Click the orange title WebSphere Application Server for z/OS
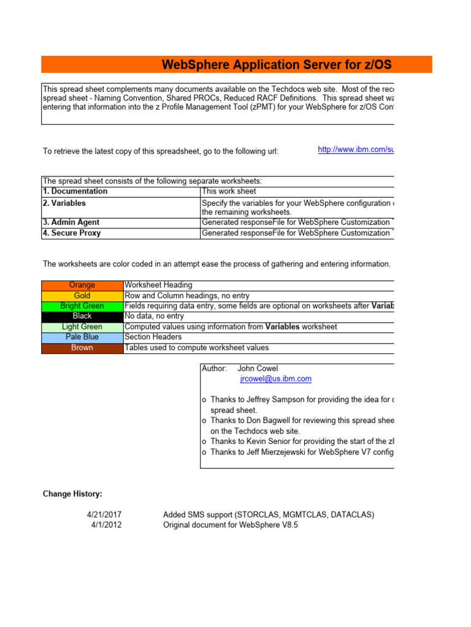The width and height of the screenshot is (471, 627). coord(277,65)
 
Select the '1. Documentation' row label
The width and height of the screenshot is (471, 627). coord(75,192)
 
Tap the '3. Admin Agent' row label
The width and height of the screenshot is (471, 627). coord(71,222)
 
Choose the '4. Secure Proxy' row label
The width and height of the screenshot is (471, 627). coord(72,233)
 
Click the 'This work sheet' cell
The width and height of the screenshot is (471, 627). coord(229,192)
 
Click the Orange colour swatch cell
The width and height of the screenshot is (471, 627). coord(82,285)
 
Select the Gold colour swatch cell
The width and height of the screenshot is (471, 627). coord(82,296)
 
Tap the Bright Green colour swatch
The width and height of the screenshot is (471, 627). coord(82,306)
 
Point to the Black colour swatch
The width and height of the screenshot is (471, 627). coord(82,317)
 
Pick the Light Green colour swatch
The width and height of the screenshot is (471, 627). coord(82,327)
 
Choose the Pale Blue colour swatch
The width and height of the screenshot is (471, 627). coord(82,337)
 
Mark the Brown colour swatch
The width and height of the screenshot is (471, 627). coord(82,348)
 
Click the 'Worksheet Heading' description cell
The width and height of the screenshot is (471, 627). coord(158,285)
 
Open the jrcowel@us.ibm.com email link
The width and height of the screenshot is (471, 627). coord(275,379)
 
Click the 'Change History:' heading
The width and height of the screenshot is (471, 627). coord(72,494)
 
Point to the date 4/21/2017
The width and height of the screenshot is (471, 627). coord(104,515)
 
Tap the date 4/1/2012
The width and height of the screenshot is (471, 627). coord(106,525)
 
